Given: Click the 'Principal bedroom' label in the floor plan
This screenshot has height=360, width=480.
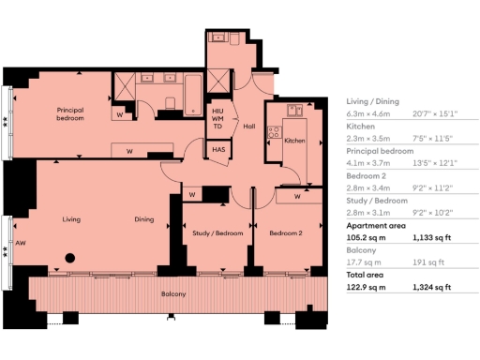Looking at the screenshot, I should [70, 114].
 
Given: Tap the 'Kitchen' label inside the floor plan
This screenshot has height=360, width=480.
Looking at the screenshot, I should [294, 141].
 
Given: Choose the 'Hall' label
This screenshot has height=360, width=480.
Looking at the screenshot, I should [249, 127].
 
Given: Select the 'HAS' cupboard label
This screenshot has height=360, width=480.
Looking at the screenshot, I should [217, 150].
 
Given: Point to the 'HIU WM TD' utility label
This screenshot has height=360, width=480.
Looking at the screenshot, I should [217, 119].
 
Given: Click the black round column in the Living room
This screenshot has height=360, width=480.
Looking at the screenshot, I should [68, 258].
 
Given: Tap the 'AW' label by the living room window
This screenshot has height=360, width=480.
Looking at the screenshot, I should [19, 239].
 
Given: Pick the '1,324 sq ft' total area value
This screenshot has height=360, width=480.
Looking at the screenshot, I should [432, 288].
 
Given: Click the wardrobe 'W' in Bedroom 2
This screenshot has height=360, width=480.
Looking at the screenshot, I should [296, 197].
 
